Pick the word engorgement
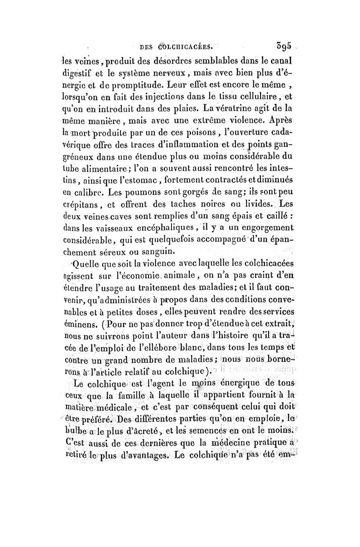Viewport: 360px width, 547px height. coord(261,226)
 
